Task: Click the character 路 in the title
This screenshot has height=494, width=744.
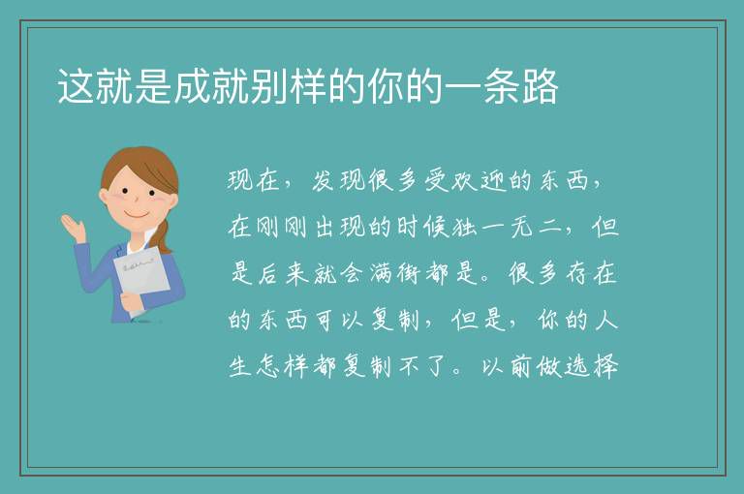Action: click(x=541, y=87)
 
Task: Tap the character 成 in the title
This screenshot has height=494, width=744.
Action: click(x=192, y=87)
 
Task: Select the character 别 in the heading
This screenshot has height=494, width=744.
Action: click(x=269, y=87)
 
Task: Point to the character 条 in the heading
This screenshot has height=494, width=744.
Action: click(x=502, y=87)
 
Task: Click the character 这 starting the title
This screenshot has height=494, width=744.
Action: click(x=76, y=87)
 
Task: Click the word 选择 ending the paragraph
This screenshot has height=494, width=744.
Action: click(x=592, y=366)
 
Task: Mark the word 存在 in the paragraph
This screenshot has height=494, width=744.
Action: click(x=591, y=273)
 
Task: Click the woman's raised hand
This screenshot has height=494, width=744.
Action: click(x=73, y=227)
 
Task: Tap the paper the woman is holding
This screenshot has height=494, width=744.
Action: click(x=141, y=274)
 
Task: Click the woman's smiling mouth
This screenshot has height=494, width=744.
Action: click(x=138, y=214)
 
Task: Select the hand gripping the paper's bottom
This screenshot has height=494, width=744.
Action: click(x=131, y=301)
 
